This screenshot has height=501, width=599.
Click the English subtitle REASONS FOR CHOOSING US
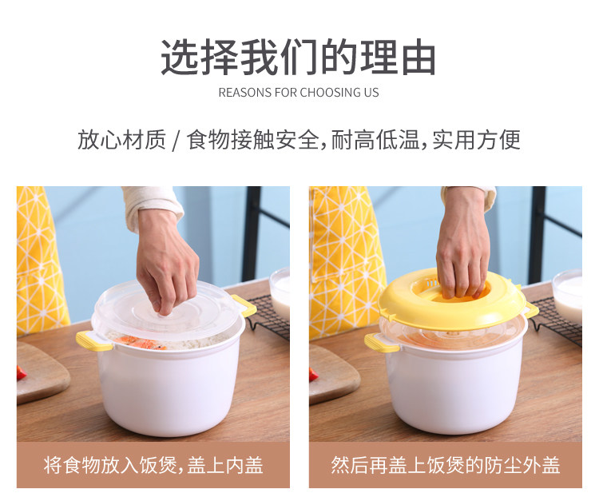(299, 93)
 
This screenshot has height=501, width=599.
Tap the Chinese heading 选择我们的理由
(299, 58)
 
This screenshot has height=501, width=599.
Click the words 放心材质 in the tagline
(121, 140)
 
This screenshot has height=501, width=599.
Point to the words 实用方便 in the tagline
(476, 140)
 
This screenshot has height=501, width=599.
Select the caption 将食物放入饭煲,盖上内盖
(153, 465)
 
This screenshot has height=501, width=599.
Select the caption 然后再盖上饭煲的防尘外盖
(446, 465)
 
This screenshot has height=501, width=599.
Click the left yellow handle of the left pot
(93, 341)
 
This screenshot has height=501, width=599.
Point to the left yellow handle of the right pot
(380, 343)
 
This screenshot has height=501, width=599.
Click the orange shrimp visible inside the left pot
(141, 342)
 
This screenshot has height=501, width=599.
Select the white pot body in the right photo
(457, 386)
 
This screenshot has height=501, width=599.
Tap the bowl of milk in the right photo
(568, 296)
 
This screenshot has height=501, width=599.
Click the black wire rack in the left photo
(268, 317)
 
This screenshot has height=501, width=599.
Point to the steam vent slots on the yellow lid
(432, 284)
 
